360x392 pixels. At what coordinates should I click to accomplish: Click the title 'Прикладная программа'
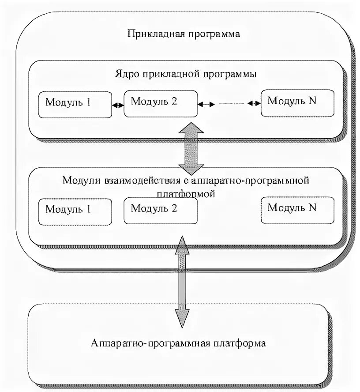184,34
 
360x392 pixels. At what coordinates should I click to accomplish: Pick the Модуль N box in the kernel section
296,103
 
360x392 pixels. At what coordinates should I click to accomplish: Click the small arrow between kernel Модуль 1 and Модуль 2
118,105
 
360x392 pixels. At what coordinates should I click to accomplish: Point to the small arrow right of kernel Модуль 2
206,104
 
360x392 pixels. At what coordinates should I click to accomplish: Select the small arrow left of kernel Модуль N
254,103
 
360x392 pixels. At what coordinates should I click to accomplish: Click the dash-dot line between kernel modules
230,104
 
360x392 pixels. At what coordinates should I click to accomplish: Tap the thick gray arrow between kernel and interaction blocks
191,148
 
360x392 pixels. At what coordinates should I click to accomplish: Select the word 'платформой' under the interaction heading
186,193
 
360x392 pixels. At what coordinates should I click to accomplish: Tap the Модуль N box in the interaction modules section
296,209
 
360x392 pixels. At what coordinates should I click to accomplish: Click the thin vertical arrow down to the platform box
181,283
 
